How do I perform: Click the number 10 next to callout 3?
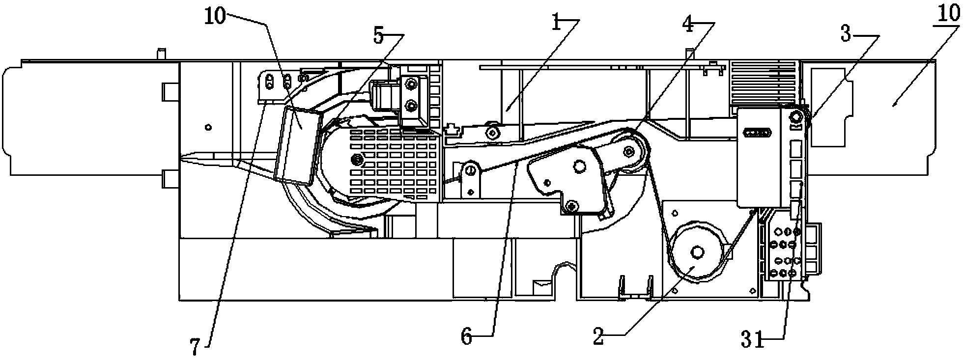pyautogui.click(x=949, y=13)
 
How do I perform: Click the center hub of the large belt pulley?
pyautogui.click(x=697, y=252)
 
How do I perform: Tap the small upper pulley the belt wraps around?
pyautogui.click(x=628, y=151)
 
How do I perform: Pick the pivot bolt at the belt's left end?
pyautogui.click(x=471, y=170)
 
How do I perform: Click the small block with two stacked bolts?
pyautogui.click(x=409, y=97)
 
